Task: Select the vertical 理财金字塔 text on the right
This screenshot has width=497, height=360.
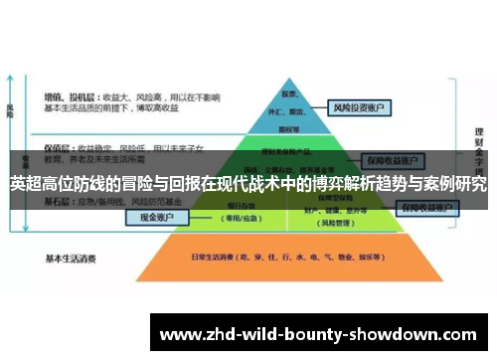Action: pyautogui.click(x=480, y=149)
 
